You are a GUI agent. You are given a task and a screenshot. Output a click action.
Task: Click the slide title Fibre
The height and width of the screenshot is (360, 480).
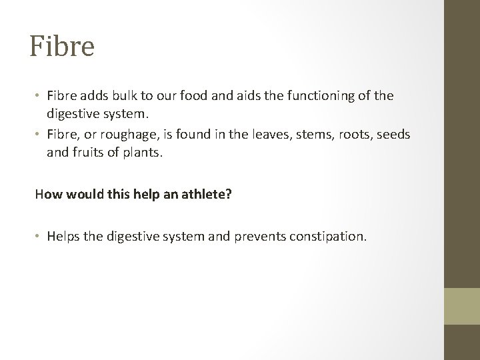pos(62,46)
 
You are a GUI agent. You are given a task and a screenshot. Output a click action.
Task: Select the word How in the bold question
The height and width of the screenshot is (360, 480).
pos(49,195)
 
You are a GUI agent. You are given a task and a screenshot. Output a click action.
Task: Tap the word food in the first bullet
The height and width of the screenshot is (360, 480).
pos(209,96)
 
